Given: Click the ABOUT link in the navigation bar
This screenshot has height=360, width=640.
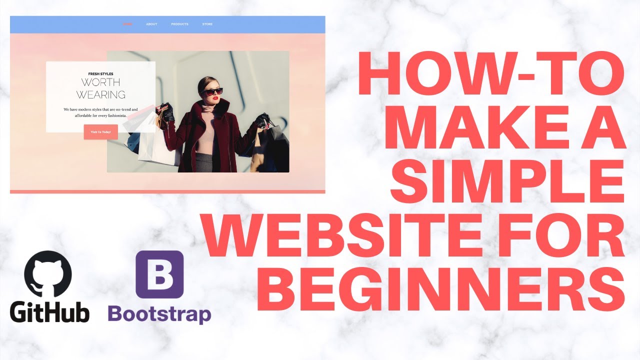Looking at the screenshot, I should tap(151, 24).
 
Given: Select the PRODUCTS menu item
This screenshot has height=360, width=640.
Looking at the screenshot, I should tap(179, 24).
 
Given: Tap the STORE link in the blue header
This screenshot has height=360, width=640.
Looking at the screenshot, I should tap(207, 24).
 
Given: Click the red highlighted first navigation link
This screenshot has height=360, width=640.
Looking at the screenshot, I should tap(127, 24).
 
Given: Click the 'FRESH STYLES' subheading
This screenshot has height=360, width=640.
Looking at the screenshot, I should tap(100, 74).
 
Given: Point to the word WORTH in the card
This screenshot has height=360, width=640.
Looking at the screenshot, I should tap(100, 82).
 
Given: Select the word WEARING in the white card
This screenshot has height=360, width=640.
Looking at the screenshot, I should tap(100, 94).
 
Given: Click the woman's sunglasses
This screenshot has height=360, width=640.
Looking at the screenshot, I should tap(213, 91).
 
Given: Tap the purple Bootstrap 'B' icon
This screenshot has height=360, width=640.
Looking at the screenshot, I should tap(159, 274).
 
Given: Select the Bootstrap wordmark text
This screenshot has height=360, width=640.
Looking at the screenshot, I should tap(159, 314).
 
